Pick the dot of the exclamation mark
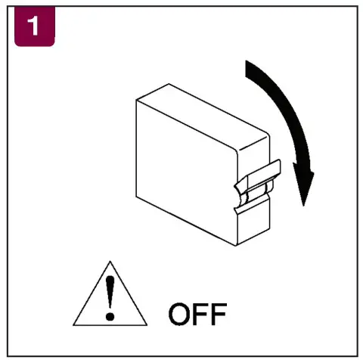[x=111, y=312]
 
